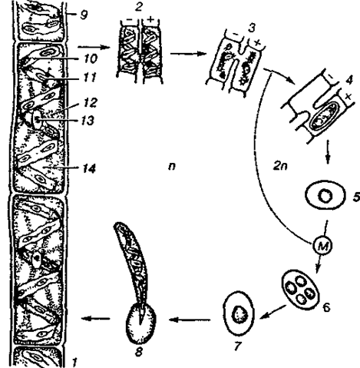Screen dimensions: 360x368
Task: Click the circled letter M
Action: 322,246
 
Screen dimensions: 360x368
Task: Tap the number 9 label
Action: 83,15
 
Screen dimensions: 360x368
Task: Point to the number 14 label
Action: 88,168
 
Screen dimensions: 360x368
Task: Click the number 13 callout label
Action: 88,121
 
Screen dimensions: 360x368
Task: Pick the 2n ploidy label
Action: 280,167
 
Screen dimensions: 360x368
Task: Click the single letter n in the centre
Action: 172,167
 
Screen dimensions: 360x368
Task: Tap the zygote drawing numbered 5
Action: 325,195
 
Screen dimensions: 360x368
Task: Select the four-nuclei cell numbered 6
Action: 300,287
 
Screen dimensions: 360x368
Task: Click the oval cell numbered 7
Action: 239,313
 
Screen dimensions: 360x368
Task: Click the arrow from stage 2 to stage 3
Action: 188,54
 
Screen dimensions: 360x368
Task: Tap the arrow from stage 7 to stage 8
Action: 190,320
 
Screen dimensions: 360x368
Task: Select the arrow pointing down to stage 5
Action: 328,152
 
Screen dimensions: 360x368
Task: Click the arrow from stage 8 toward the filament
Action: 95,319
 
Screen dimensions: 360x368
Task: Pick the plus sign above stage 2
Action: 150,19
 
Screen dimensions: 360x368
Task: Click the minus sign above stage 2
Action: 131,20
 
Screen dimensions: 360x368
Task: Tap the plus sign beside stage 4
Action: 348,97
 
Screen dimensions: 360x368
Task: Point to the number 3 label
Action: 253,28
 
